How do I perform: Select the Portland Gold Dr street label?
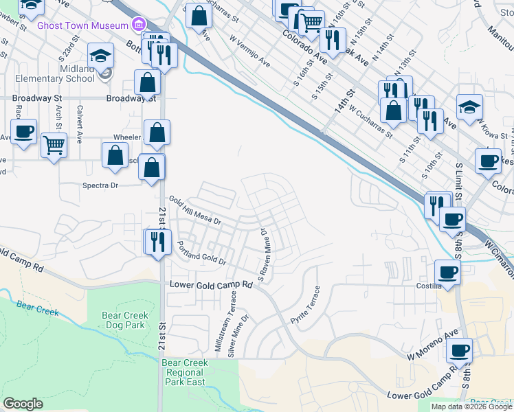tap(202, 252)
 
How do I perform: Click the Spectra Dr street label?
tap(100, 185)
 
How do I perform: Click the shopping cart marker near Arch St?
tap(54, 146)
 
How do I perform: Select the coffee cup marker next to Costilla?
tap(447, 271)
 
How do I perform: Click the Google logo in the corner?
tap(23, 404)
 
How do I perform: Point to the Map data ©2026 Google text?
tap(471, 407)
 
